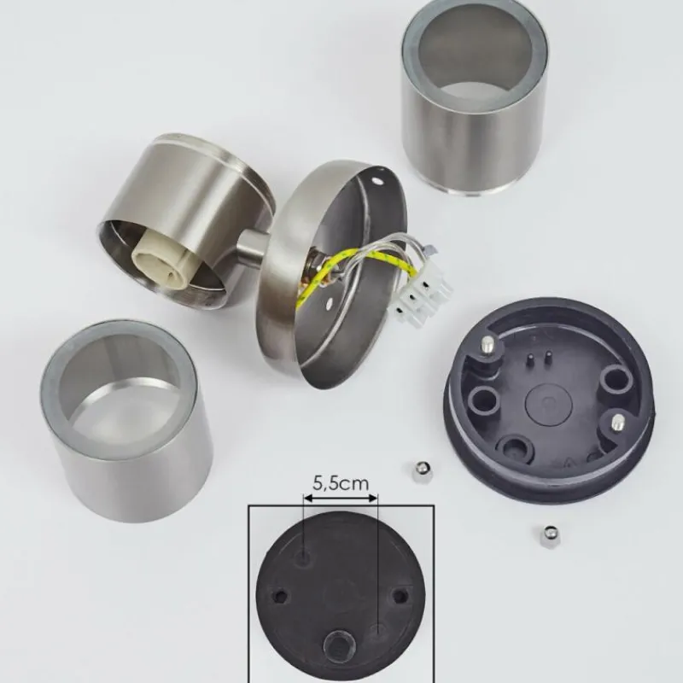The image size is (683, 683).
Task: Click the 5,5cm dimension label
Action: point(341,483)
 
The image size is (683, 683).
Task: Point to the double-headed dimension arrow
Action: point(341,499)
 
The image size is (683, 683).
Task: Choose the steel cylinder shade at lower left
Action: point(126,421)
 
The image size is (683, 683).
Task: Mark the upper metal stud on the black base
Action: point(487,347)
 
